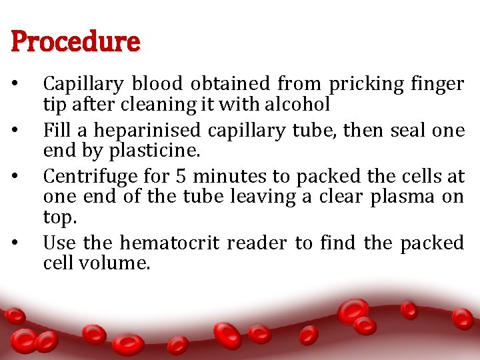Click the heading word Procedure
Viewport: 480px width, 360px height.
pos(75,43)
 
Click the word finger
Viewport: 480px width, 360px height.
pos(437,85)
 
